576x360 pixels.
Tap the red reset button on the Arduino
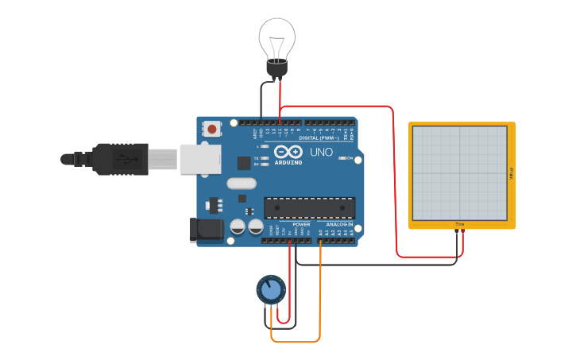pyautogui.click(x=212, y=129)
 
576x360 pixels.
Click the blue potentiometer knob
pyautogui.click(x=270, y=290)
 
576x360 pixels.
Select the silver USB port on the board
pyautogui.click(x=199, y=159)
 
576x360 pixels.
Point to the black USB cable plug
pyautogui.click(x=119, y=159)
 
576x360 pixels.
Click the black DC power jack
pyautogui.click(x=203, y=230)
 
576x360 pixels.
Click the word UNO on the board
pyautogui.click(x=321, y=152)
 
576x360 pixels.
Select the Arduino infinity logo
pyautogui.click(x=288, y=151)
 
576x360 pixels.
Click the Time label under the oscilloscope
pyautogui.click(x=459, y=225)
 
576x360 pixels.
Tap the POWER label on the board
pyautogui.click(x=301, y=224)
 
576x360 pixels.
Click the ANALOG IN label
pyautogui.click(x=338, y=224)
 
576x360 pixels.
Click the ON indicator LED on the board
pyautogui.click(x=342, y=159)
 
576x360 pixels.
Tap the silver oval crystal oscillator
pyautogui.click(x=242, y=184)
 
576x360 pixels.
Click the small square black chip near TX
pyautogui.click(x=243, y=163)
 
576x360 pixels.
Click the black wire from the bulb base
pyautogui.click(x=268, y=99)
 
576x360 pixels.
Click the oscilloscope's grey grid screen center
pyautogui.click(x=460, y=173)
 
